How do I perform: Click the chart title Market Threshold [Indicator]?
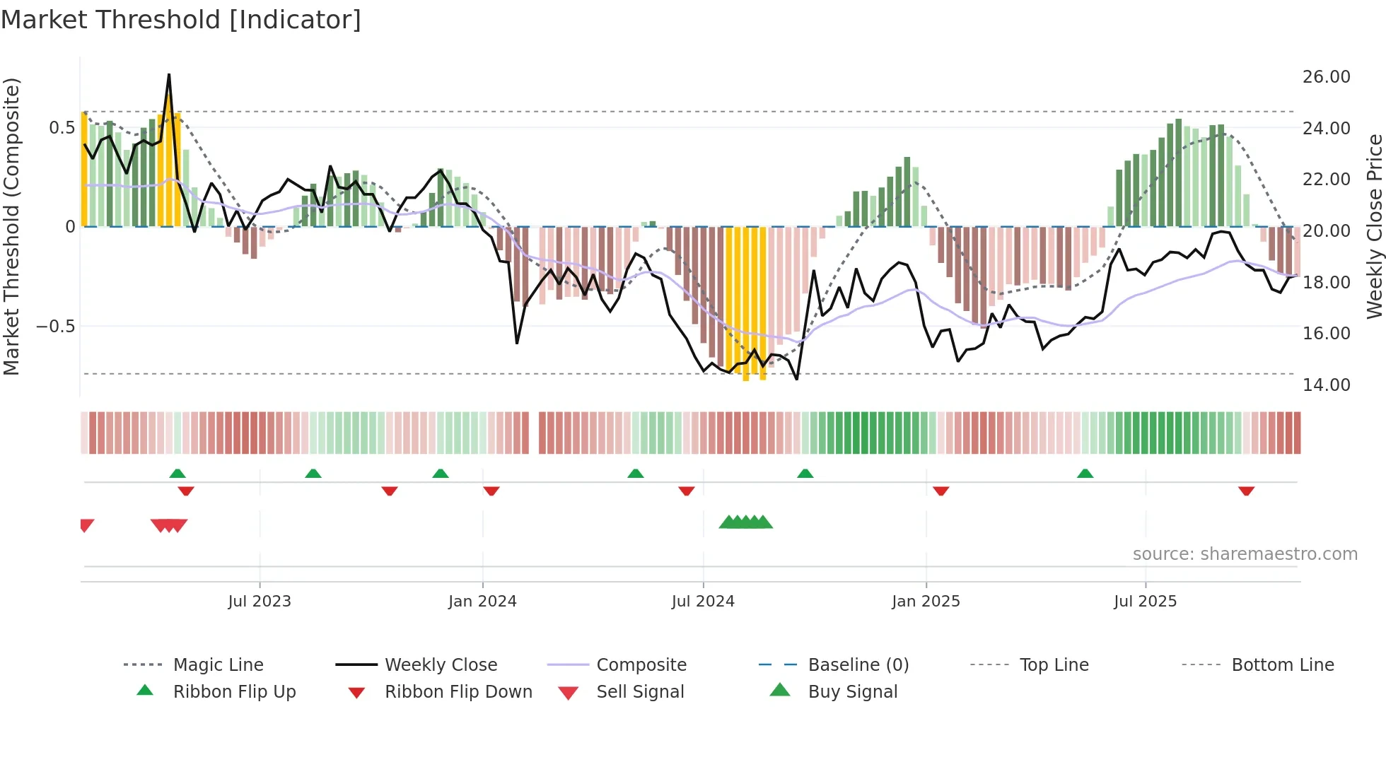181,20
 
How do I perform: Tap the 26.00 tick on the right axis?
1326,77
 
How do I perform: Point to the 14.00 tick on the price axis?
1326,385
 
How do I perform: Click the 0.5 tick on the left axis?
62,128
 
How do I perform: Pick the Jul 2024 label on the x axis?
702,602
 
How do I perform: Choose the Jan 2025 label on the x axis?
926,602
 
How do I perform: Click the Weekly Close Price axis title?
1373,226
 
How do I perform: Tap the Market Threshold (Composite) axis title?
11,226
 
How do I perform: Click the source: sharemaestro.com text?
1245,554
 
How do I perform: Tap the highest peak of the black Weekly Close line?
168,75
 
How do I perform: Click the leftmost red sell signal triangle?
86,525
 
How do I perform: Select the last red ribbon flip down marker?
1246,491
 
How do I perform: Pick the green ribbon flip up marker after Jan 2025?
1085,474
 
